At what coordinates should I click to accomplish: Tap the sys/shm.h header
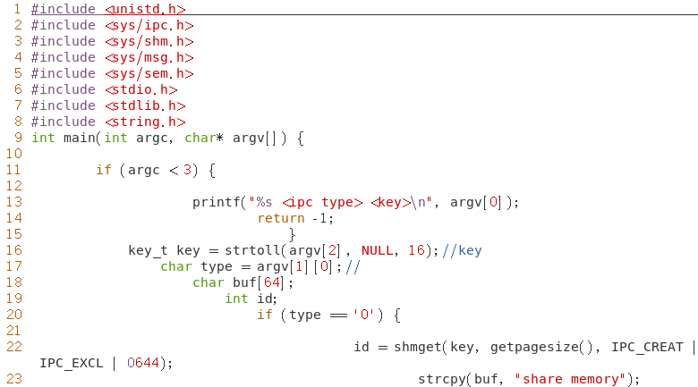click(x=149, y=41)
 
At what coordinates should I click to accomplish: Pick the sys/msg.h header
click(x=149, y=57)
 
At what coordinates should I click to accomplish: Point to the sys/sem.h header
click(x=149, y=73)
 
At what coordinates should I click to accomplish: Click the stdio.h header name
click(x=141, y=89)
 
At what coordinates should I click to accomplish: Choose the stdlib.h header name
click(x=146, y=105)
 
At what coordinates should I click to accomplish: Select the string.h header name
click(x=146, y=122)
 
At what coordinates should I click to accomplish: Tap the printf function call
click(x=214, y=202)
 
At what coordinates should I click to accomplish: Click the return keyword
click(x=280, y=218)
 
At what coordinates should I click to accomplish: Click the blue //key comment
click(x=462, y=250)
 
